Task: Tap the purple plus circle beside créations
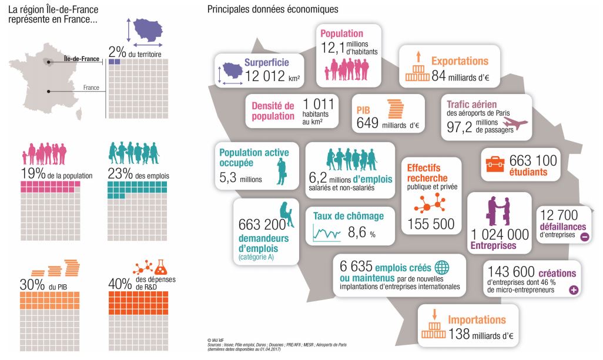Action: click(x=574, y=290)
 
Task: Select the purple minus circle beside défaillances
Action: click(x=584, y=237)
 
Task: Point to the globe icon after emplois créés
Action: click(x=442, y=267)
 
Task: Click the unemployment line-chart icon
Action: click(x=327, y=234)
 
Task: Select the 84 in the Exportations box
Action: click(x=438, y=76)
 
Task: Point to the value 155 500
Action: click(x=431, y=224)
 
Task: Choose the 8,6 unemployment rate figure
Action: click(x=357, y=233)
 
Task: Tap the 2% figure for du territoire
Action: click(x=117, y=51)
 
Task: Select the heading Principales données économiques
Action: click(x=272, y=9)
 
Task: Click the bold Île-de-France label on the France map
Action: click(x=82, y=59)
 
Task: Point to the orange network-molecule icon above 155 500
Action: click(x=429, y=203)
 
